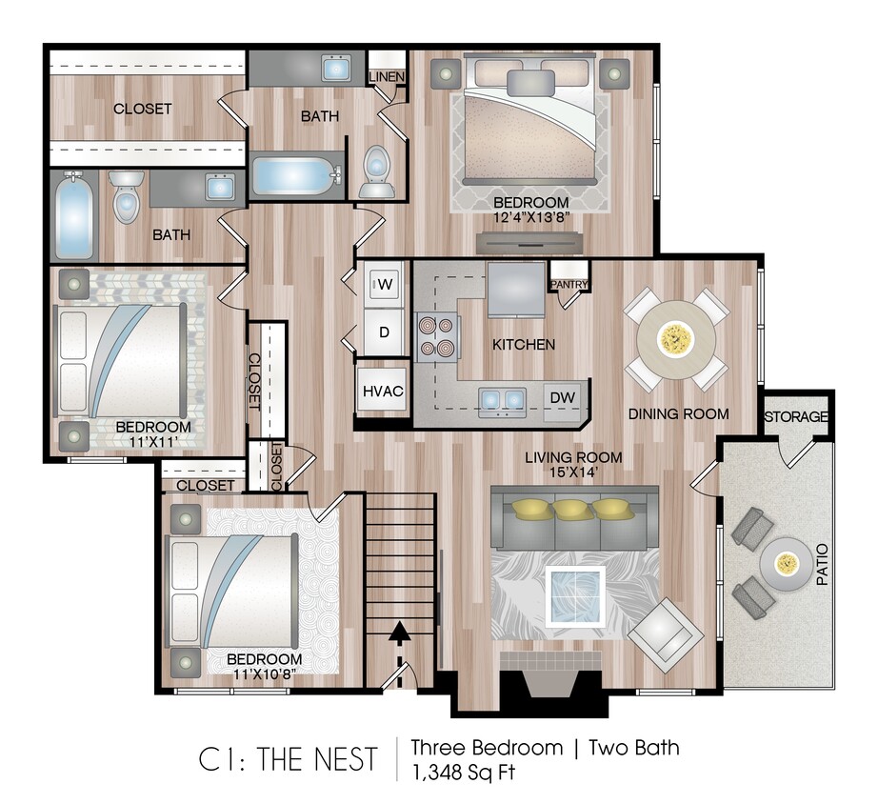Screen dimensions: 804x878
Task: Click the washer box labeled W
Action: (x=385, y=284)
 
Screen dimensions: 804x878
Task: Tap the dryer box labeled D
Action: (x=385, y=332)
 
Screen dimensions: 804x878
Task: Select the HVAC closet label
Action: (x=383, y=391)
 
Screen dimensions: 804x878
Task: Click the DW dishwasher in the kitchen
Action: (x=561, y=397)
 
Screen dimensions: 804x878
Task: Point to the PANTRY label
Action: (x=568, y=284)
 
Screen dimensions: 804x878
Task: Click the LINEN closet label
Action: (x=387, y=76)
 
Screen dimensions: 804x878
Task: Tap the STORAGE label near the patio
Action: (x=797, y=417)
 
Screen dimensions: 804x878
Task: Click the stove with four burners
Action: (x=436, y=336)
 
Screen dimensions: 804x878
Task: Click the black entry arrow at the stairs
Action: (x=399, y=630)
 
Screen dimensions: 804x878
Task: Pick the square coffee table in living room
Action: (x=574, y=595)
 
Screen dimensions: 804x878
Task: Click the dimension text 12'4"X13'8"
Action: (x=531, y=218)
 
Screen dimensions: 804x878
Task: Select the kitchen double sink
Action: (x=501, y=398)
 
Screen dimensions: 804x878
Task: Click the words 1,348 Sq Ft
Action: (x=463, y=772)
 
